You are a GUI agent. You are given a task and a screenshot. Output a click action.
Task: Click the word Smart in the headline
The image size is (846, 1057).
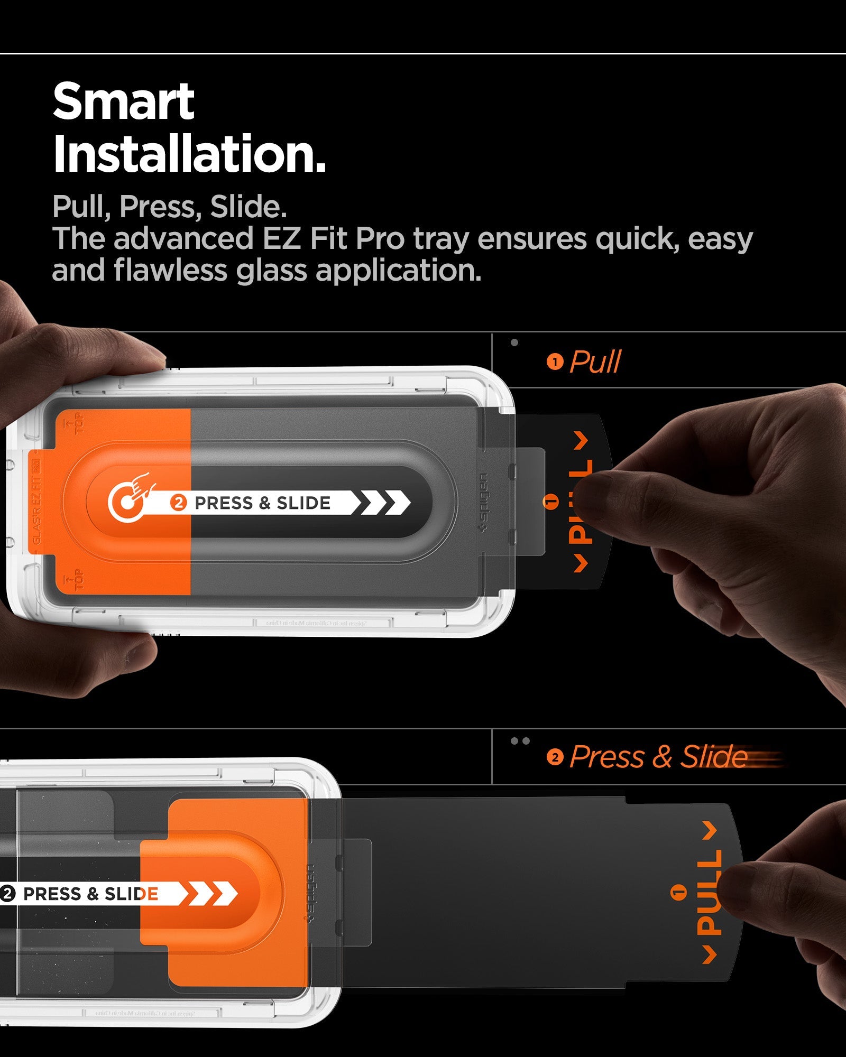(124, 102)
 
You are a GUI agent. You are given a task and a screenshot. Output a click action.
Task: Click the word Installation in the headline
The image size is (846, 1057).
(189, 154)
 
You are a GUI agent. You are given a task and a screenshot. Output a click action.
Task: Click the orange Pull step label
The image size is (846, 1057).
(595, 362)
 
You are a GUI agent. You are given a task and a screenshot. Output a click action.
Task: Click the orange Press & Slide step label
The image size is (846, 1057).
(659, 757)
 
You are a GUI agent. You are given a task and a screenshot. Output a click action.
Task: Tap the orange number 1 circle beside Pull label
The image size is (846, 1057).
(555, 363)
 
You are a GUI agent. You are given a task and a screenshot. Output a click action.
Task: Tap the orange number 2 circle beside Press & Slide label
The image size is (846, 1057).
(555, 757)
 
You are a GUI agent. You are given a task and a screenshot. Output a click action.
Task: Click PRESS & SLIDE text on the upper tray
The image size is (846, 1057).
(262, 503)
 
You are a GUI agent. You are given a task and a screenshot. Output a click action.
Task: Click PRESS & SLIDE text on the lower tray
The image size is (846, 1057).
(90, 894)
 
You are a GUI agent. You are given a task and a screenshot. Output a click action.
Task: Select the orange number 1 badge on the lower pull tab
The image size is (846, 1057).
(679, 893)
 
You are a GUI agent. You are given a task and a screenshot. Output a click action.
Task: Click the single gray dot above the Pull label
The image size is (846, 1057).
(514, 342)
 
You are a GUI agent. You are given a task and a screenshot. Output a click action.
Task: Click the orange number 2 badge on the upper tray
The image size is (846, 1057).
(179, 503)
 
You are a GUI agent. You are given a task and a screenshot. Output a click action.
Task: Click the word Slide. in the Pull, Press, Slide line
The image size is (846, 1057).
(249, 207)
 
